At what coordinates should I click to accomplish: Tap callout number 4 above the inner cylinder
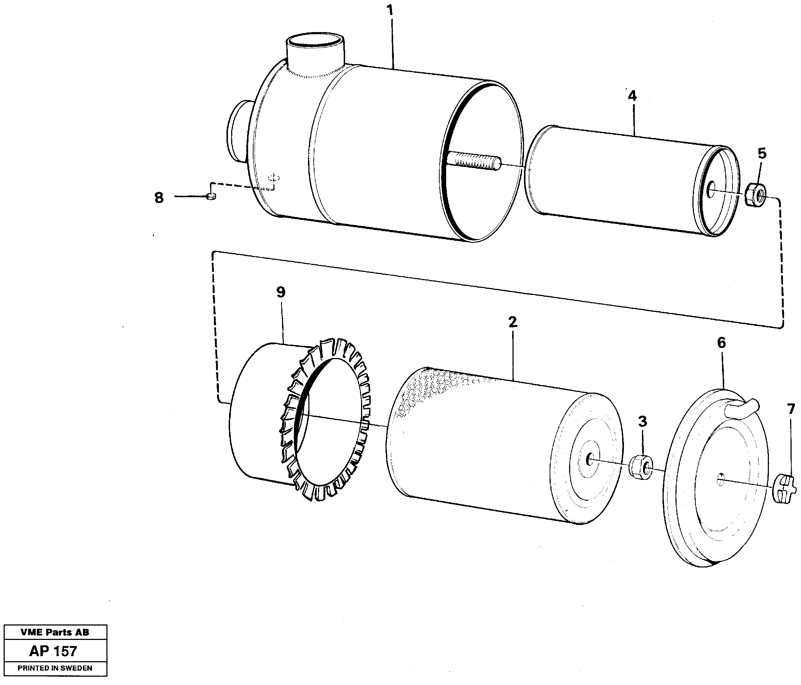tap(633, 96)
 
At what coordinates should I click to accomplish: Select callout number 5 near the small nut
tap(762, 153)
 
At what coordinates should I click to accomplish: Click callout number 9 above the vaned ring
tap(281, 292)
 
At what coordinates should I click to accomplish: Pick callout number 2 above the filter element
tap(512, 322)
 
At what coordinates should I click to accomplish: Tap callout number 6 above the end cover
tap(721, 343)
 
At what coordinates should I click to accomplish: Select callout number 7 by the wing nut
tap(791, 409)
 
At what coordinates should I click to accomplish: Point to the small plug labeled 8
tap(211, 196)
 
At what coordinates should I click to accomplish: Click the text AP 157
tap(53, 651)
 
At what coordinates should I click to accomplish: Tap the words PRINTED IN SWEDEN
tap(55, 668)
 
